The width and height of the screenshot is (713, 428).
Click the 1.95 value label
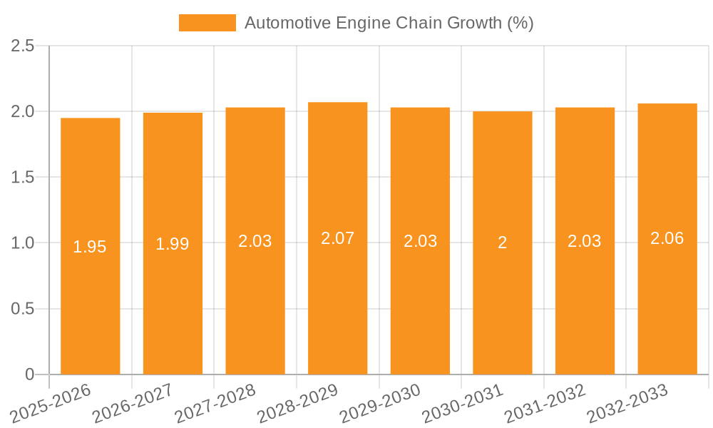90,247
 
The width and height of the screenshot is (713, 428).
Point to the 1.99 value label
173,244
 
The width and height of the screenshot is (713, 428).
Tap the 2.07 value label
337,238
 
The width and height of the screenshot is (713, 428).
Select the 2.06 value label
667,238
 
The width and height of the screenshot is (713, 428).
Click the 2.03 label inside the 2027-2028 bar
255,241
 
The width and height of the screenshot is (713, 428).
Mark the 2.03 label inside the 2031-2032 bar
585,241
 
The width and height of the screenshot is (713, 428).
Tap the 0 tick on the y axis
29,374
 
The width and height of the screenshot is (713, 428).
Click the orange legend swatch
207,23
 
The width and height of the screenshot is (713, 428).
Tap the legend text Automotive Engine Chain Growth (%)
389,23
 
